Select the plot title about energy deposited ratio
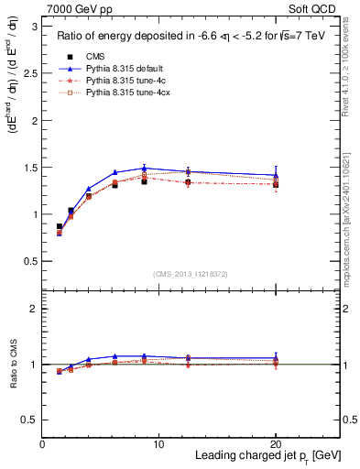(x=189, y=37)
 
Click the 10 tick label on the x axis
(x=158, y=442)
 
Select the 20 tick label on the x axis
(x=276, y=442)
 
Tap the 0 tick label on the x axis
(x=42, y=442)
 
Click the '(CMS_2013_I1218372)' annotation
(x=191, y=274)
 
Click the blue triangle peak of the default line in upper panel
(x=145, y=168)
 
